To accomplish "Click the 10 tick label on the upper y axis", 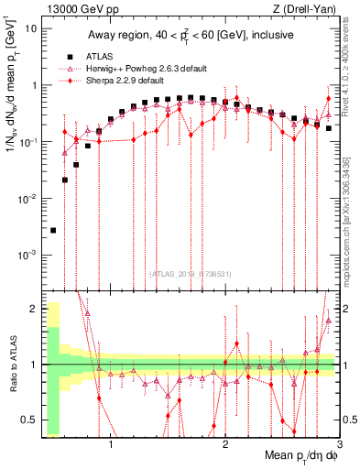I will click(x=32, y=28).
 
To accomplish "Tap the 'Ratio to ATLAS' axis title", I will click(x=11, y=365).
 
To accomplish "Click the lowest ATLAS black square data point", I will click(x=53, y=231).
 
